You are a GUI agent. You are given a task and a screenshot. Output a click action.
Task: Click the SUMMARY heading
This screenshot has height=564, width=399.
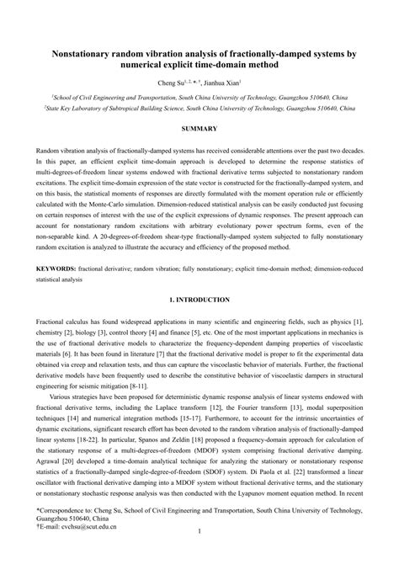199,127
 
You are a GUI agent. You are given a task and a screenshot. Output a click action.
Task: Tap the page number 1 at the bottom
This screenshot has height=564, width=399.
199,531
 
